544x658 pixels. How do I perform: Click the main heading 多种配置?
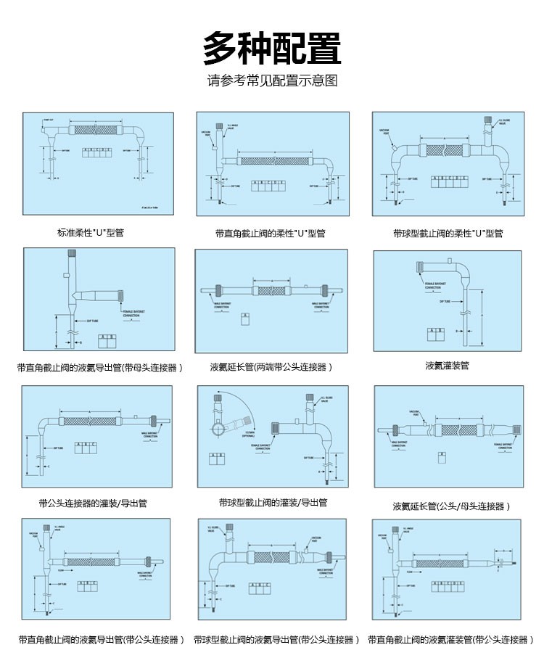tap(272, 49)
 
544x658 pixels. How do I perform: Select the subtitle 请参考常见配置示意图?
tap(272, 81)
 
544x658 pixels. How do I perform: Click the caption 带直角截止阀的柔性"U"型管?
tap(270, 234)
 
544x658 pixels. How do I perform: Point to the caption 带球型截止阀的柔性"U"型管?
tap(448, 234)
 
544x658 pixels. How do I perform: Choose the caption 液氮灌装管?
tap(447, 366)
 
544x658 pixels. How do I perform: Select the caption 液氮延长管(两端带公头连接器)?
tap(271, 367)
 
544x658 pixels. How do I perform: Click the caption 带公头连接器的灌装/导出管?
tap(93, 503)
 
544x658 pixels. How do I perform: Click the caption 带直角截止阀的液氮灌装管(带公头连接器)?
tap(448, 640)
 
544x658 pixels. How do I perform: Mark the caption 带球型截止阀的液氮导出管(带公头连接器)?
tap(276, 640)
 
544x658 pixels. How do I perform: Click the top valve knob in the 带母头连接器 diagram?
tap(72, 254)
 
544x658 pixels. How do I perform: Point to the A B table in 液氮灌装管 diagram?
tap(436, 332)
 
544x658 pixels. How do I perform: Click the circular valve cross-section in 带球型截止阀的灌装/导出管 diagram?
tap(218, 429)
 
